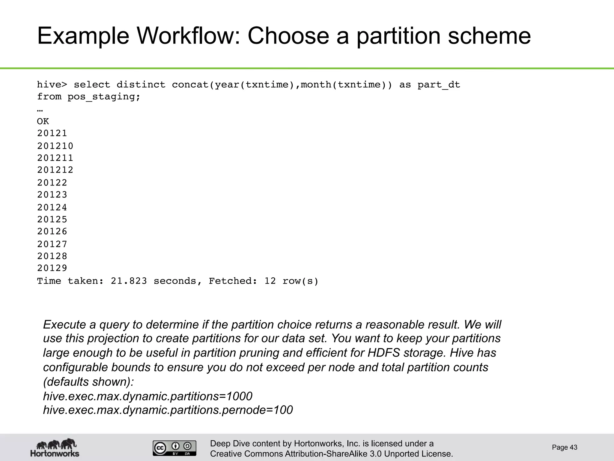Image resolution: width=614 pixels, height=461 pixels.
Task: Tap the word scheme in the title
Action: point(489,36)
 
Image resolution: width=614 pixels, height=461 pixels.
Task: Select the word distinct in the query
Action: point(141,85)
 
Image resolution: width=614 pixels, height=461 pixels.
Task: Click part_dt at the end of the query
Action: point(439,85)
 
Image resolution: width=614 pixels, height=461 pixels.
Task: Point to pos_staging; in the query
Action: point(104,97)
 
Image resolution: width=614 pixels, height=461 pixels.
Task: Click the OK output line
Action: point(43,121)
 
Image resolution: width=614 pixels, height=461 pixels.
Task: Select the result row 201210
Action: point(55,146)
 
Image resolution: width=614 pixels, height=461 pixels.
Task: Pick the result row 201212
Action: point(55,170)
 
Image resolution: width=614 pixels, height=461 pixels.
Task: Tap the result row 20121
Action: point(52,133)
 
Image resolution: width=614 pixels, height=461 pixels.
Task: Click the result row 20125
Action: point(52,219)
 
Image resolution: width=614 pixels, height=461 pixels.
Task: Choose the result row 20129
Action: point(52,268)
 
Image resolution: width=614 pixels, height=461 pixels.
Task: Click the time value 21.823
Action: point(129,281)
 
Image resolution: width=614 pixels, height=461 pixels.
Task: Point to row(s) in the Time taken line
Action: point(300,281)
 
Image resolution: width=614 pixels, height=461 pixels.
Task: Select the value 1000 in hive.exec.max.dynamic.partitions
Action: point(239,396)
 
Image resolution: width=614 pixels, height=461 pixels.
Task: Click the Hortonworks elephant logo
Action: point(55,448)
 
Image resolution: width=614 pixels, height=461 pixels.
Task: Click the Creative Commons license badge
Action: point(174,448)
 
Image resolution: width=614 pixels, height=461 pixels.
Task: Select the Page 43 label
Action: point(565,447)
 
